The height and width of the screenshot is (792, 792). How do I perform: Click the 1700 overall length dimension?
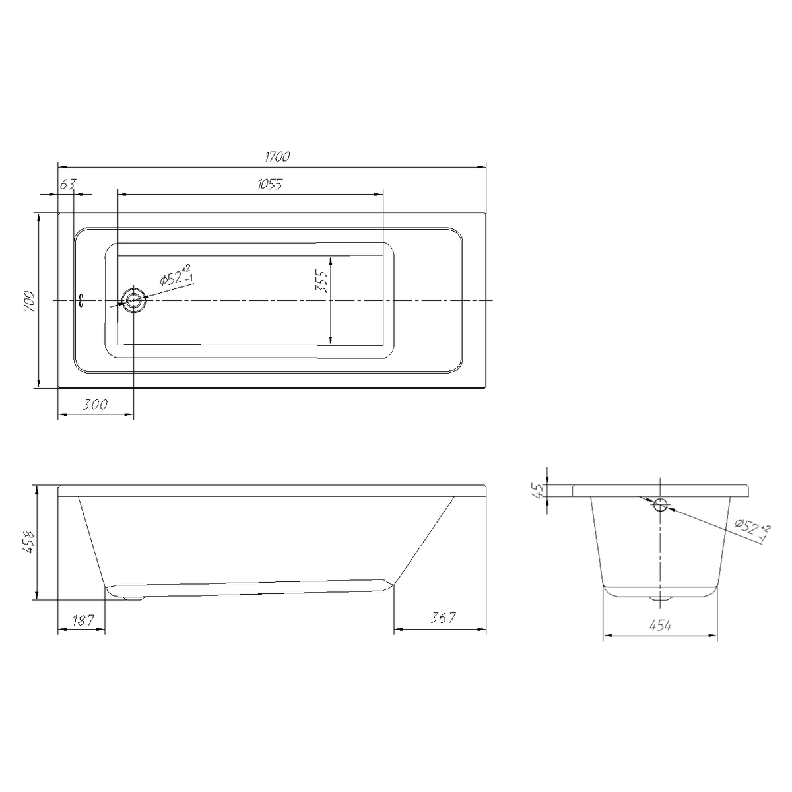tap(277, 156)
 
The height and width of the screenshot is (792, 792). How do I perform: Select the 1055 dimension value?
tap(270, 184)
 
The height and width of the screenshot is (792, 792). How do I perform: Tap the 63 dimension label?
tap(68, 184)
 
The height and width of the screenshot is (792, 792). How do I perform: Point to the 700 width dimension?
tap(30, 301)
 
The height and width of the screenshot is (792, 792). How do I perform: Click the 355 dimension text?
tap(321, 281)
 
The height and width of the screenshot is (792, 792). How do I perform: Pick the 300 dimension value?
tap(95, 405)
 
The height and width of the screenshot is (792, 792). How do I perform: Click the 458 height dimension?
tap(28, 542)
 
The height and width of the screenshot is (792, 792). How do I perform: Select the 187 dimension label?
tap(83, 620)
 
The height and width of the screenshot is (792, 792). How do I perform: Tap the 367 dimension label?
tap(443, 618)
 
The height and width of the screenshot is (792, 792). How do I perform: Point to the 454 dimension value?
tap(661, 626)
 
